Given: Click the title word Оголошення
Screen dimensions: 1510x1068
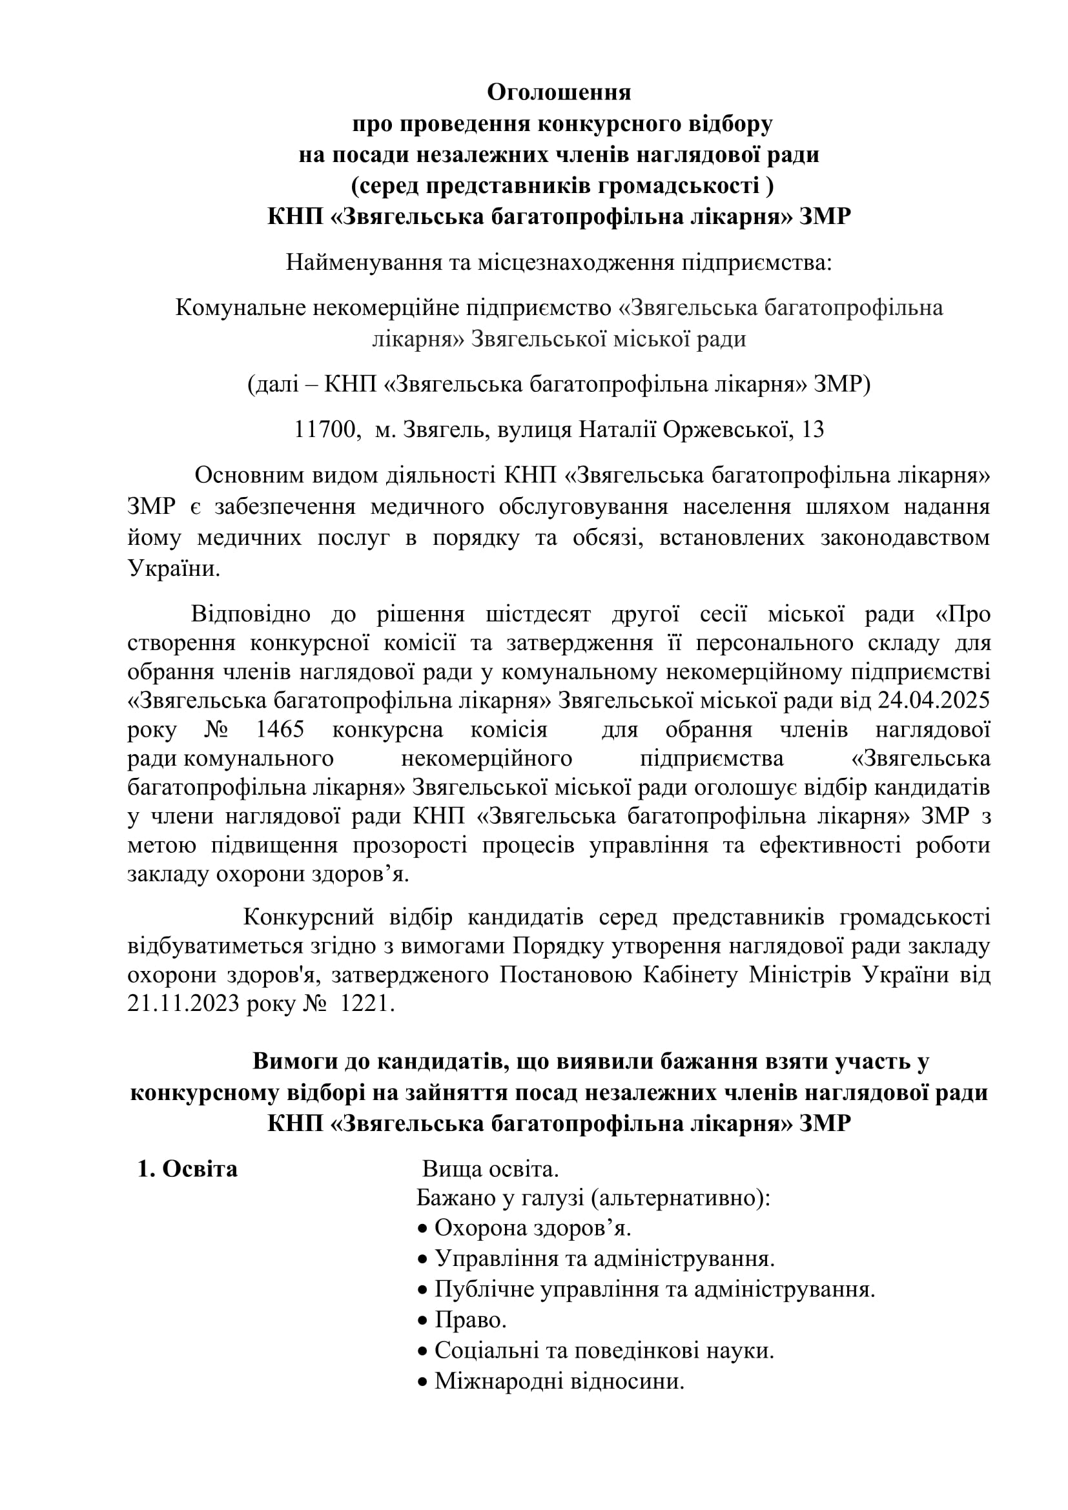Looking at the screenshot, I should tap(559, 93).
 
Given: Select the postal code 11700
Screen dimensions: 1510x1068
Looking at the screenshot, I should tap(326, 430).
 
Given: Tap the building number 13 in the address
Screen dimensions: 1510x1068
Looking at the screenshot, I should tap(813, 430).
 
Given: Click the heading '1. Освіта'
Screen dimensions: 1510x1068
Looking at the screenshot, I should tap(187, 1168).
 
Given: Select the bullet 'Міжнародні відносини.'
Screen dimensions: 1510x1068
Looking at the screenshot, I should tap(559, 1381).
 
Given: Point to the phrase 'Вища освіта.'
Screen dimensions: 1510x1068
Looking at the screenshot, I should tap(490, 1169).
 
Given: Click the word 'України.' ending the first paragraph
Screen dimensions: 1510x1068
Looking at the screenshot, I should tap(174, 569).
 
